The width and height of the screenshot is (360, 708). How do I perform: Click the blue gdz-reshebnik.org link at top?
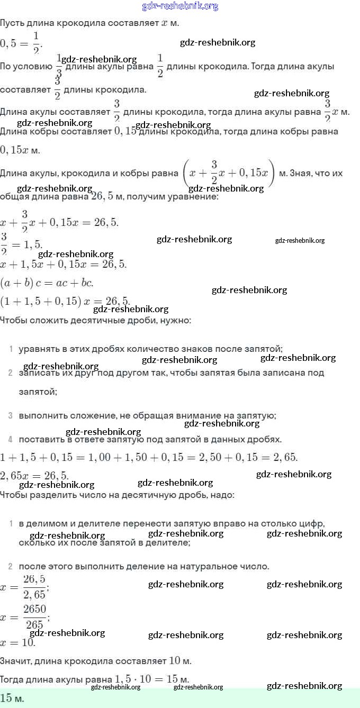tap(180, 6)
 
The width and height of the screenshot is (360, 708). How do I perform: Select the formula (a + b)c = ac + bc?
tap(47, 283)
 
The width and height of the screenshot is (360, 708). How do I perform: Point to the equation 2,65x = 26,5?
tap(34, 475)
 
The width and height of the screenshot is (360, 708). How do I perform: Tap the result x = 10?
tap(17, 642)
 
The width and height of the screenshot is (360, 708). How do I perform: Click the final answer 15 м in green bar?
tap(12, 698)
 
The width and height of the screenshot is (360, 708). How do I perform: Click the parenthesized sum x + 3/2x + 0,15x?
tap(228, 173)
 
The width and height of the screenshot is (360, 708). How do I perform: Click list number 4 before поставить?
tap(11, 439)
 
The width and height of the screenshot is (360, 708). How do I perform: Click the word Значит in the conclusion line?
tap(15, 661)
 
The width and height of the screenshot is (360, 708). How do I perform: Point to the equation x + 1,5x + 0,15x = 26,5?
tap(63, 264)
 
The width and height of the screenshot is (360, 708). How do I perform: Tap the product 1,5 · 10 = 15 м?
tap(151, 679)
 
